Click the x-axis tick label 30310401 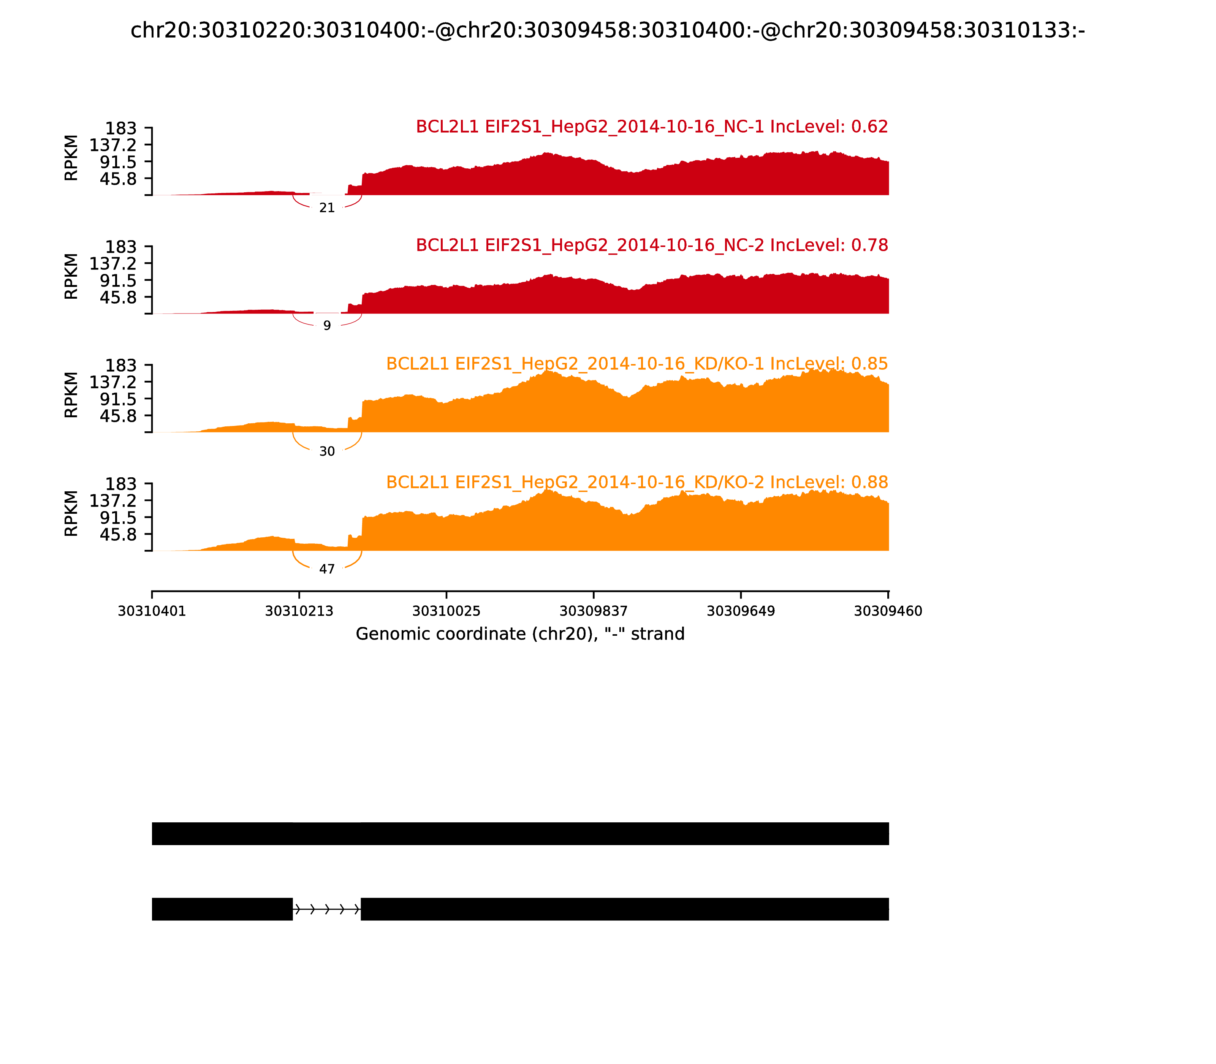(152, 611)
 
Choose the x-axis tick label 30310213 (299, 611)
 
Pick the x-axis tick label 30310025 (446, 611)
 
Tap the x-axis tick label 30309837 (594, 611)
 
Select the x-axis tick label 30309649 (741, 611)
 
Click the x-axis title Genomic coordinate (520, 634)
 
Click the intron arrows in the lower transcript (326, 909)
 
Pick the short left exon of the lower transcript (222, 909)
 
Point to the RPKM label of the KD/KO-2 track (71, 513)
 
